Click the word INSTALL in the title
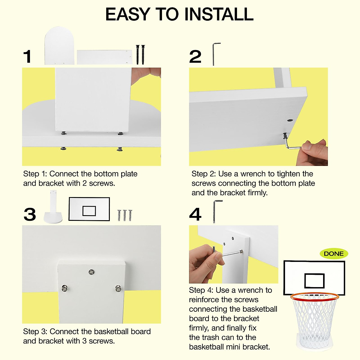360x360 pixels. click(x=219, y=14)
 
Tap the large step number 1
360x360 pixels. click(x=28, y=57)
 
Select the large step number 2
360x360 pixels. click(x=195, y=57)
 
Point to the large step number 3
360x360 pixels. click(x=30, y=214)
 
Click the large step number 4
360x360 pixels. click(x=195, y=214)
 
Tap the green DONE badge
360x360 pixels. click(x=334, y=254)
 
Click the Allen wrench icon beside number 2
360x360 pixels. click(x=215, y=54)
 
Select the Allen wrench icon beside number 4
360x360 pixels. click(x=217, y=211)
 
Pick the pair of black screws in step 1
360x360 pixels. click(x=140, y=54)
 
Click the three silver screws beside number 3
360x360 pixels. click(x=124, y=215)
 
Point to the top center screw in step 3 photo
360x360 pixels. click(x=91, y=272)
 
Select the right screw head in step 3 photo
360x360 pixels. click(x=118, y=289)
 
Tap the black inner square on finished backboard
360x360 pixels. click(x=314, y=281)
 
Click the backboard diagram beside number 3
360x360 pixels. click(x=89, y=209)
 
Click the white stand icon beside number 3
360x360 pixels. click(x=53, y=208)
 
